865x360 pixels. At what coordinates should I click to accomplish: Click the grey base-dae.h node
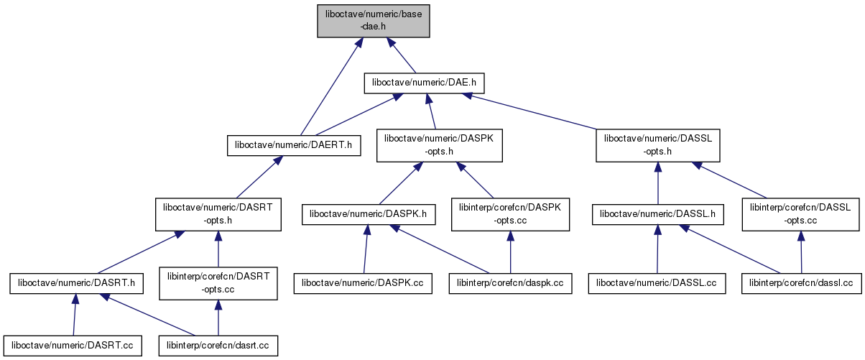(374, 20)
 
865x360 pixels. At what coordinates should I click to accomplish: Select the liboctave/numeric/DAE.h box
(425, 83)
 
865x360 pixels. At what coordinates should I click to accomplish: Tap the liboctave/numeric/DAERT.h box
(293, 145)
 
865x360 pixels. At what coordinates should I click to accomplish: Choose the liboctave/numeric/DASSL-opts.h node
(658, 144)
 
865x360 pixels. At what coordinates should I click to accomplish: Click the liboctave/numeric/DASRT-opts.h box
(218, 215)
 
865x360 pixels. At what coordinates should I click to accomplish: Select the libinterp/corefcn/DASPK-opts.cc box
(510, 214)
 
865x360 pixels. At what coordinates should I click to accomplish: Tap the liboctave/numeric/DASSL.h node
(658, 214)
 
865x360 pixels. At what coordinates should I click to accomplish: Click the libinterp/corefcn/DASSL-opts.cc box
(800, 214)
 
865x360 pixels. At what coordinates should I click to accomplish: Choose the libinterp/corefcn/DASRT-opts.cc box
(218, 284)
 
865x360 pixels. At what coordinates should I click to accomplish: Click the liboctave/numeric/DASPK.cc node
(363, 284)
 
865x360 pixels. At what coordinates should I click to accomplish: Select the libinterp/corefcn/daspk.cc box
(510, 284)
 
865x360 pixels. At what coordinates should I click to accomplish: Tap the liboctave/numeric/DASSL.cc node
(657, 284)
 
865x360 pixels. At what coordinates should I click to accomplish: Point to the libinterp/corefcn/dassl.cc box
(800, 284)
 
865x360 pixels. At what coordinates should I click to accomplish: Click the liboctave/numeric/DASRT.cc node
(72, 346)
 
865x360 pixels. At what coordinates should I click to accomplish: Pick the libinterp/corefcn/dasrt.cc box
(218, 346)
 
